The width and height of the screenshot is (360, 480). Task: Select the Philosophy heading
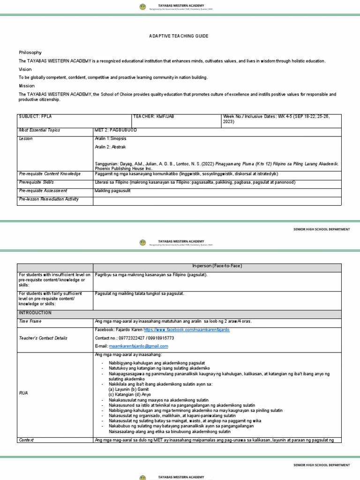pos(30,52)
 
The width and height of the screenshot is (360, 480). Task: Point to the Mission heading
pos(27,86)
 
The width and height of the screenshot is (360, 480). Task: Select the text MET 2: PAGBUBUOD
pos(116,130)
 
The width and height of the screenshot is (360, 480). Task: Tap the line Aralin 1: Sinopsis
pos(111,139)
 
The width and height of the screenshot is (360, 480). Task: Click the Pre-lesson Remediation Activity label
pos(48,199)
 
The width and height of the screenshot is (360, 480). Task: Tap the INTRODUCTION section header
pos(35,312)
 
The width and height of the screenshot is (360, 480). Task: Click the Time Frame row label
pos(30,321)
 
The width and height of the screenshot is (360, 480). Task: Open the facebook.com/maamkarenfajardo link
pos(183,330)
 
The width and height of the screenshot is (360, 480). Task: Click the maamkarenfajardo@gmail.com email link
pos(138,346)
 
